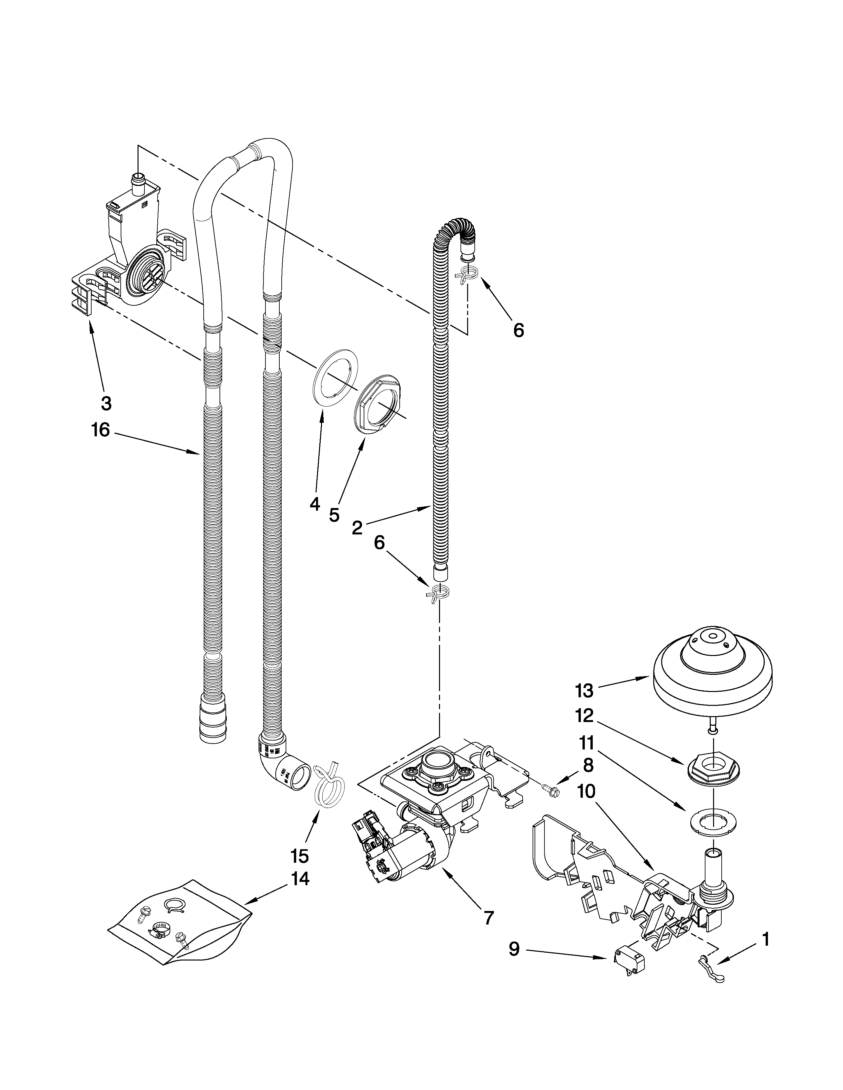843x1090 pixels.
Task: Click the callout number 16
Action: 101,430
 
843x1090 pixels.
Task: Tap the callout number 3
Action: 106,403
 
